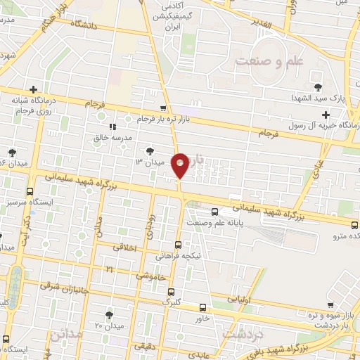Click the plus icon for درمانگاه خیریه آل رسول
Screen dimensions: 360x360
point(326,114)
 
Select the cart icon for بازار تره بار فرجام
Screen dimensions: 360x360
point(163,109)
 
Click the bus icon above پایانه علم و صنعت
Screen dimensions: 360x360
point(215,212)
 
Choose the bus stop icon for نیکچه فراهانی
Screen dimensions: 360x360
point(178,245)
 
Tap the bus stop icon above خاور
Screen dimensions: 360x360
point(203,308)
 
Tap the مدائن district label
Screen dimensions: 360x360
point(65,335)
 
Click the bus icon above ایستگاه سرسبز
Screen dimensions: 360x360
point(28,191)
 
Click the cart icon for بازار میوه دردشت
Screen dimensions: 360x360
point(330,306)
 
